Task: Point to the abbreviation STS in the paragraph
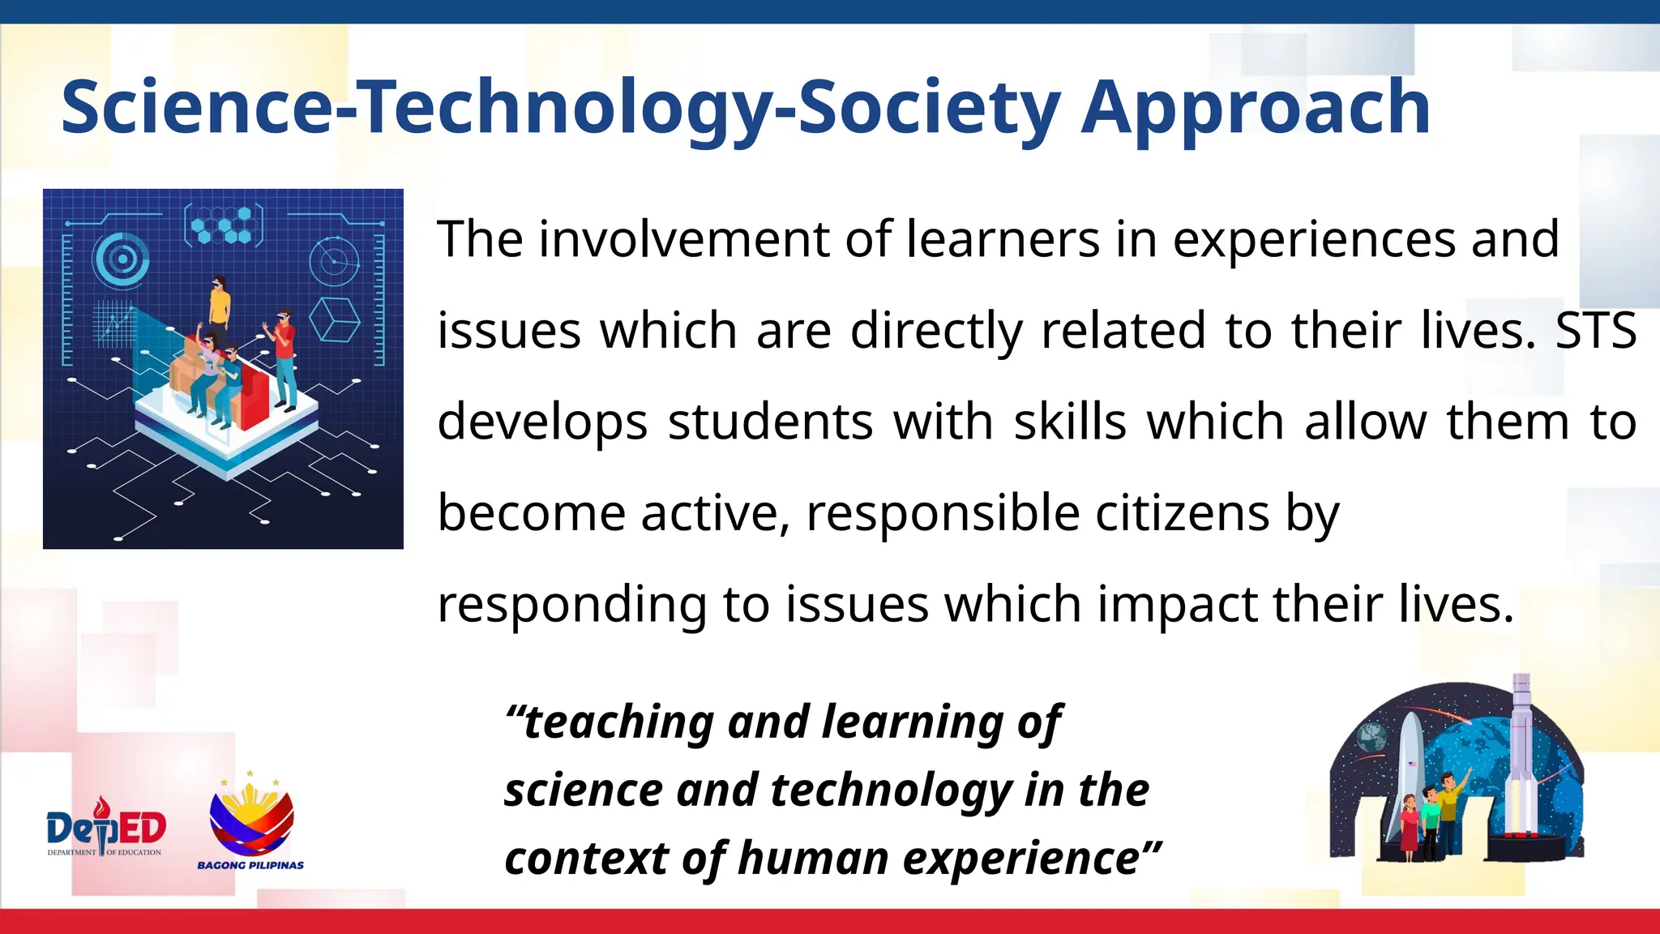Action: point(1595,331)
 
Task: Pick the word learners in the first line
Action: point(1002,239)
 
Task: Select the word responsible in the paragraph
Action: point(943,513)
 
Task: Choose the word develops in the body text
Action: point(542,422)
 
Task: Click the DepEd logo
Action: point(106,829)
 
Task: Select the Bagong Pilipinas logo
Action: point(251,823)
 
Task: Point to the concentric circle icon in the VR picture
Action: point(122,259)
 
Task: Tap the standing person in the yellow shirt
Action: point(220,304)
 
